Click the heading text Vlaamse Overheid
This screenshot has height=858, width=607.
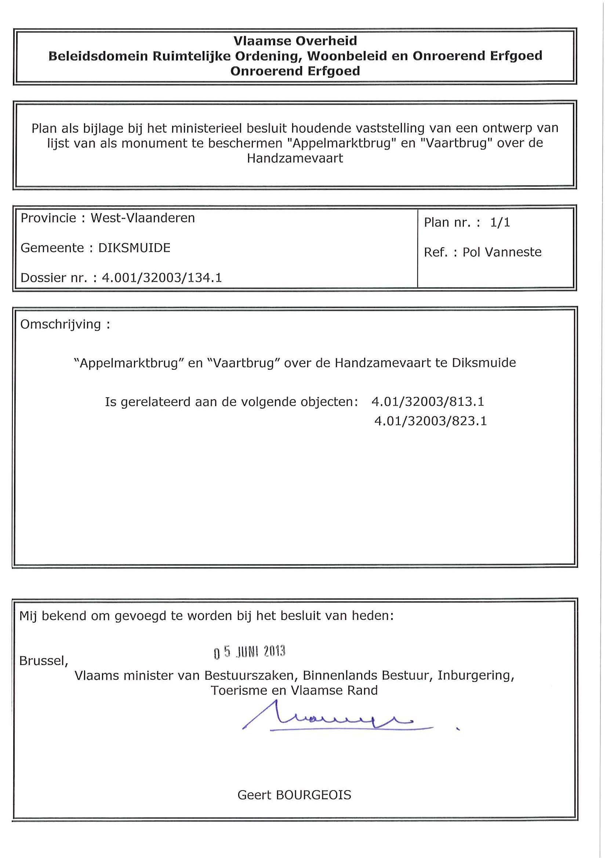pos(295,41)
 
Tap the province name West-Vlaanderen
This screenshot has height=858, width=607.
pos(143,218)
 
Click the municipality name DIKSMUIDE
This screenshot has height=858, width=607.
pos(134,248)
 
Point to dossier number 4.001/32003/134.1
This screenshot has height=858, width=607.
pos(162,278)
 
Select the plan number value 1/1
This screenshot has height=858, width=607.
pos(500,223)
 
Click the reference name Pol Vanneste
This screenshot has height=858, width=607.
pos(502,252)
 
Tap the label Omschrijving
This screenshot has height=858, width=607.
pos(61,324)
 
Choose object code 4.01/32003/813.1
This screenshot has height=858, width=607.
pos(428,402)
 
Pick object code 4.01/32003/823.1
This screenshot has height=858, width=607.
pos(430,421)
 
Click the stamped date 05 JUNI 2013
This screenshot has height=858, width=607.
pos(250,652)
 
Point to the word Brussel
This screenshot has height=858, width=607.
pos(43,661)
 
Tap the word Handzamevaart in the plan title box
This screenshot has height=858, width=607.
pos(295,158)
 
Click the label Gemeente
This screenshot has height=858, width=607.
pos(52,248)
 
